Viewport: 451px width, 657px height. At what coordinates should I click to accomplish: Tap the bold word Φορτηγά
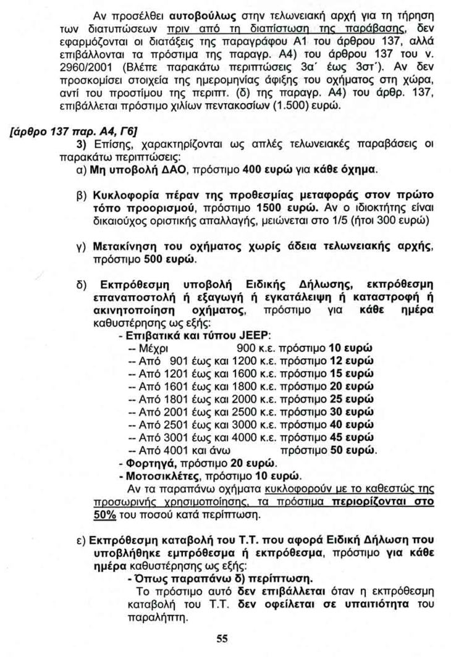[146, 464]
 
